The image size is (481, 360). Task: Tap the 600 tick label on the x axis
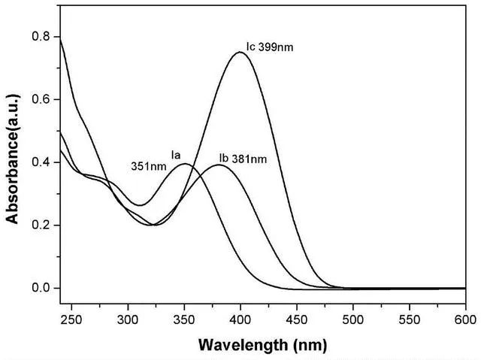(x=465, y=319)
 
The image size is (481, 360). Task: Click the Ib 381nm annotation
(x=243, y=159)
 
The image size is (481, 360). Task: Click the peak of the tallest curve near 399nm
(x=240, y=52)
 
